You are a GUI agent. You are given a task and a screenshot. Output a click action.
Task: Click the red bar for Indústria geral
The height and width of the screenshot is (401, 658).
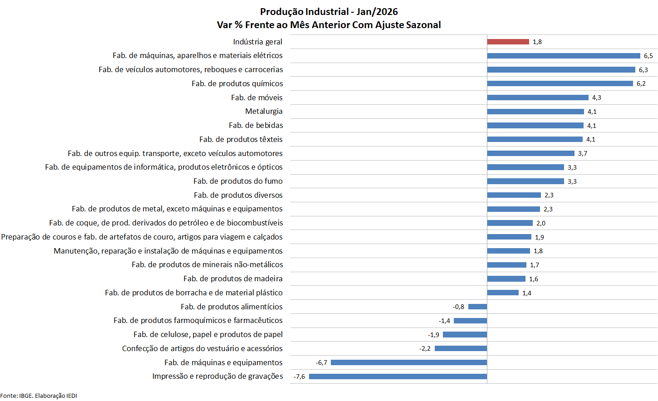click(508, 42)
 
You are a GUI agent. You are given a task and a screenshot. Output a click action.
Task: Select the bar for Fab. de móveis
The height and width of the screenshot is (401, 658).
click(538, 98)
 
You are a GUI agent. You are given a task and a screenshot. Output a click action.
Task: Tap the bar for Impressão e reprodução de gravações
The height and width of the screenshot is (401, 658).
click(398, 377)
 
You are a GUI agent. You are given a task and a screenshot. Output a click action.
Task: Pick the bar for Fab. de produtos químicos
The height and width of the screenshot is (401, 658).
click(560, 83)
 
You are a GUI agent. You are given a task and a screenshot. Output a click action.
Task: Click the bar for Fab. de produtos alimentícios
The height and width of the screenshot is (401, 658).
click(477, 307)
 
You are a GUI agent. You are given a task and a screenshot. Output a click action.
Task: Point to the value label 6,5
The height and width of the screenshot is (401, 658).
click(648, 56)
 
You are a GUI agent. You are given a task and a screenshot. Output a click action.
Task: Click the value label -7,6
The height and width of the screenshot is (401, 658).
click(299, 377)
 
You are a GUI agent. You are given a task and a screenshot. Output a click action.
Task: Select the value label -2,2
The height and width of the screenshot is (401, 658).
click(425, 348)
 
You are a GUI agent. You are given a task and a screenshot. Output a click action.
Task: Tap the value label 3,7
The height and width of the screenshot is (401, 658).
click(582, 153)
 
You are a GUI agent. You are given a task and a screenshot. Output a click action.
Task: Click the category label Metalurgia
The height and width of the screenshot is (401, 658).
click(264, 111)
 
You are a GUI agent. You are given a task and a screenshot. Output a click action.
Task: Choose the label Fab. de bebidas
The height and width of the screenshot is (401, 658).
click(256, 125)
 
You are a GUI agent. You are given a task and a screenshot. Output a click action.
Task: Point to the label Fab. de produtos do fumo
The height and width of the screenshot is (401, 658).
click(238, 181)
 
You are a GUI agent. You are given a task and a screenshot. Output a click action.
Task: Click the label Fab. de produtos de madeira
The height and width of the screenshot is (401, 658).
click(233, 279)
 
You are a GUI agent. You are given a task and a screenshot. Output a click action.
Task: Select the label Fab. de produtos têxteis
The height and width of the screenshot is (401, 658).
click(241, 139)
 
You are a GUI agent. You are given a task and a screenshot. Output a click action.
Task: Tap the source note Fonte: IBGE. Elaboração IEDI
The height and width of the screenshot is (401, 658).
click(39, 396)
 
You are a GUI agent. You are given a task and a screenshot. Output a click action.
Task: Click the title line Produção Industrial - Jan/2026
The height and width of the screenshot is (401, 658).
click(329, 12)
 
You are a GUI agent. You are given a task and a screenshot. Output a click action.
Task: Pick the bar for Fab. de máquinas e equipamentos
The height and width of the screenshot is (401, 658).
click(409, 362)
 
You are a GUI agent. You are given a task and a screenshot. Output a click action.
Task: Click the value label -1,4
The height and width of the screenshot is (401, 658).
click(444, 321)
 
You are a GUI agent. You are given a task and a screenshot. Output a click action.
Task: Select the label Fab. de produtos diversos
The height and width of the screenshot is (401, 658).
click(238, 195)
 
